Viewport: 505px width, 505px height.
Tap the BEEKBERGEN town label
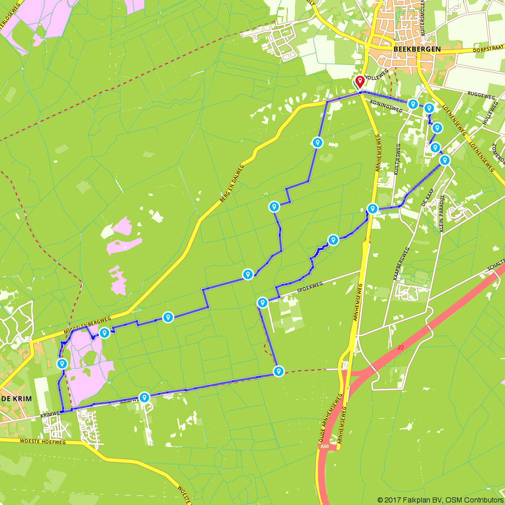tap(417, 49)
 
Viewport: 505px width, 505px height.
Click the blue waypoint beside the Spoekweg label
tap(263, 302)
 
